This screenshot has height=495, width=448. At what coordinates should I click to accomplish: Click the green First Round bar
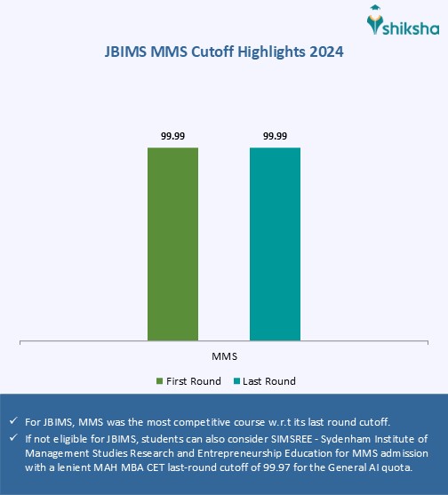click(173, 243)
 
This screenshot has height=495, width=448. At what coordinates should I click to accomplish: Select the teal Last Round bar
click(275, 243)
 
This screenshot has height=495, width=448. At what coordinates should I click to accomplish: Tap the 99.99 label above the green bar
click(173, 135)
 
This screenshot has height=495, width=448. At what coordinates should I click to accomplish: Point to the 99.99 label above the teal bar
click(275, 135)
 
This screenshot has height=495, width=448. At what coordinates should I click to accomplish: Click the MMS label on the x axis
click(224, 355)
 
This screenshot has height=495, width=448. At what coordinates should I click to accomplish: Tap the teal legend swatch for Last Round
click(237, 381)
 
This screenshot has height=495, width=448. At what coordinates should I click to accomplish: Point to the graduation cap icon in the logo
click(376, 12)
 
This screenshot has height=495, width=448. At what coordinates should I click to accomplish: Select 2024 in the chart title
click(325, 52)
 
